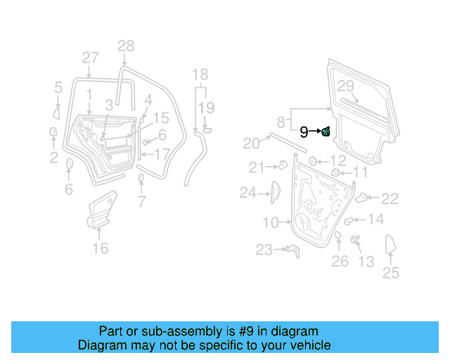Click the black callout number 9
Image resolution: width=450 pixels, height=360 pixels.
304,131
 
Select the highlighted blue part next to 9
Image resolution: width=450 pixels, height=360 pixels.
326,131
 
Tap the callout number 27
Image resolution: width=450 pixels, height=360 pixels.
90,58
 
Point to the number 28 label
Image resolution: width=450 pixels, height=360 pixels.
125,47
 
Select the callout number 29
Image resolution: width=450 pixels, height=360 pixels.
345,86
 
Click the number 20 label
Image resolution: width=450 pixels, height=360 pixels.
252,143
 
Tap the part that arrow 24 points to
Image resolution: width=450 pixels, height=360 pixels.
276,191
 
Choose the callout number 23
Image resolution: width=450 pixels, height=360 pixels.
264,250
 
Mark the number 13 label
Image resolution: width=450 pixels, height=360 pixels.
366,262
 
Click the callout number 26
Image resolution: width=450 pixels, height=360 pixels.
340,262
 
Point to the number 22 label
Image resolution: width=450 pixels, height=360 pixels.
390,199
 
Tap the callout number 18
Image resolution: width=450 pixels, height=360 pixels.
200,75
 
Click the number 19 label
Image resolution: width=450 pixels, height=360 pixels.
205,107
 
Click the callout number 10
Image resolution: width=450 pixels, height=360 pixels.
271,223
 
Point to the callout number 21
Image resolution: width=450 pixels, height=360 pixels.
255,167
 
